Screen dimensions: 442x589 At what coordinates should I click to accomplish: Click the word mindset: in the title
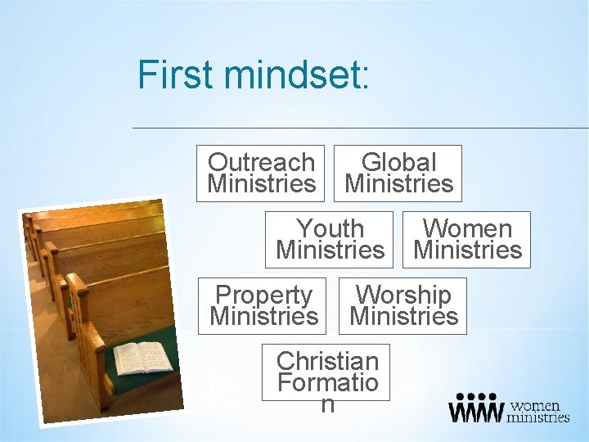[298, 74]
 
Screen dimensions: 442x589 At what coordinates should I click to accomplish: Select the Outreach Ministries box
[261, 173]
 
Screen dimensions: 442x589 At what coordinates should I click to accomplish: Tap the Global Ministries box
[398, 173]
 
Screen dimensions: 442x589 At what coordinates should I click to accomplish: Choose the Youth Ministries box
[330, 239]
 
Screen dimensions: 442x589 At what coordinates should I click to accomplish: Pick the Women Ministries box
[467, 239]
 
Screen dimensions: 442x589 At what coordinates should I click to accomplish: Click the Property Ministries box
[263, 305]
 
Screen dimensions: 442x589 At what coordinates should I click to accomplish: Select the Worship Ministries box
[403, 305]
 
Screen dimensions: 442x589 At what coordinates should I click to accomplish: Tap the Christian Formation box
[326, 372]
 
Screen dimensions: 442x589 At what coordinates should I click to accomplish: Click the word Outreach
[261, 162]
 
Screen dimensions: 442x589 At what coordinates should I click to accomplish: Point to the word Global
[398, 162]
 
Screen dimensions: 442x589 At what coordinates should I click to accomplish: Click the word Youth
[330, 228]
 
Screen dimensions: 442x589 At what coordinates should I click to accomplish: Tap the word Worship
[403, 295]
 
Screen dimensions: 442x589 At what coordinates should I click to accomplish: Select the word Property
[263, 295]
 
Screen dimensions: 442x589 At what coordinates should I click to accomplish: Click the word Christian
[326, 360]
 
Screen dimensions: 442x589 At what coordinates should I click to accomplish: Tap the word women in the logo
[535, 405]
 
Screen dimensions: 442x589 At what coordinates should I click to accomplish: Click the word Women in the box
[467, 228]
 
